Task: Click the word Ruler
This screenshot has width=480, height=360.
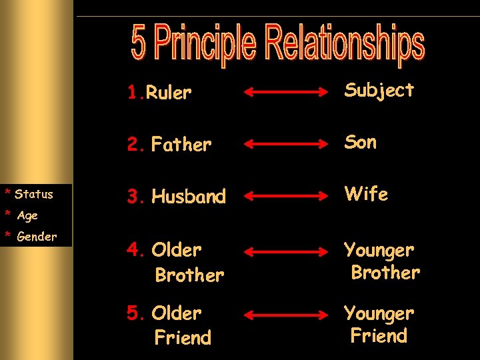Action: (169, 93)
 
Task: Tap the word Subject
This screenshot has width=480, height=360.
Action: (379, 91)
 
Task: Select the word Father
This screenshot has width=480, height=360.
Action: (181, 144)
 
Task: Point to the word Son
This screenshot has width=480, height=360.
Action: (360, 142)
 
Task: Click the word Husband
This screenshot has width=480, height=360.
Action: (189, 197)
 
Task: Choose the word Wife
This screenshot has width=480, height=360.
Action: (366, 194)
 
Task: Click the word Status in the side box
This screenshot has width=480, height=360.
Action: (33, 195)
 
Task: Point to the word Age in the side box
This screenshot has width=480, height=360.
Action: (27, 215)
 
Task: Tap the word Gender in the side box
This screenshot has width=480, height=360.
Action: (37, 237)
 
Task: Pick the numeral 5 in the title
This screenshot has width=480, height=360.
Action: (139, 43)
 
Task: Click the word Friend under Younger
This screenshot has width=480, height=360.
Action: (379, 335)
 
